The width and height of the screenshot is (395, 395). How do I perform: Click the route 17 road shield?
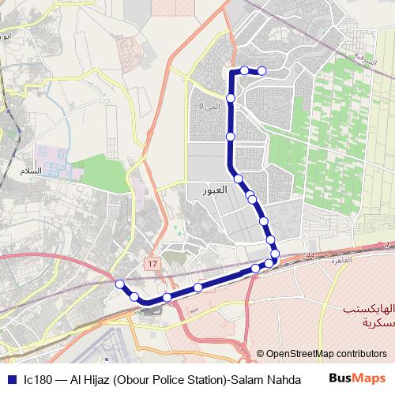[x=151, y=261]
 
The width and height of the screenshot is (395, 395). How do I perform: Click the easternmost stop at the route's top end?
[x=261, y=71]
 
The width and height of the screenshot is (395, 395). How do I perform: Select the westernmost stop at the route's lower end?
[x=120, y=284]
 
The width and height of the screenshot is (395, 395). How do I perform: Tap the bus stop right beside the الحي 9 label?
[x=231, y=98]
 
